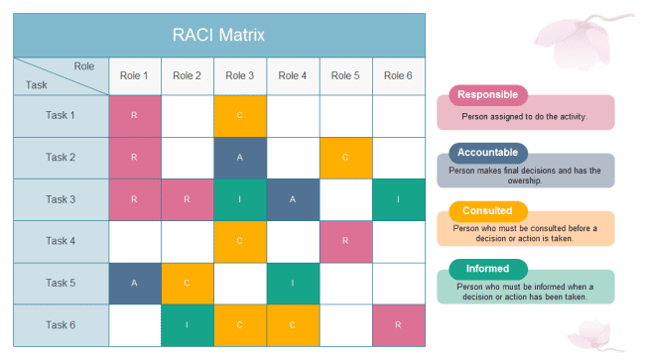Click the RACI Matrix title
click(x=219, y=36)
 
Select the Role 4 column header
click(x=293, y=75)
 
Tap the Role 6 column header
click(x=398, y=75)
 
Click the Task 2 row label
click(x=61, y=158)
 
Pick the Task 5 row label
click(x=61, y=283)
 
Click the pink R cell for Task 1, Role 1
click(x=135, y=116)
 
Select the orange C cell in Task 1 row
click(x=240, y=116)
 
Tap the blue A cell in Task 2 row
click(x=240, y=158)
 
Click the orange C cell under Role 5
click(x=345, y=158)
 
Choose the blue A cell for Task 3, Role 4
click(x=293, y=199)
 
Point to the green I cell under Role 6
click(x=398, y=199)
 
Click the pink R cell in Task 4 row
click(x=345, y=241)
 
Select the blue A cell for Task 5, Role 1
click(x=135, y=283)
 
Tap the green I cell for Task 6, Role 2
click(x=188, y=324)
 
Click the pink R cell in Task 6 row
click(x=398, y=324)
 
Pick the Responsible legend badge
click(x=488, y=95)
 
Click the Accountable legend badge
click(x=488, y=153)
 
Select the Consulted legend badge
click(x=488, y=210)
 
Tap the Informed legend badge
click(x=488, y=268)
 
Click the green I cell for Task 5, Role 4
click(x=293, y=283)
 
